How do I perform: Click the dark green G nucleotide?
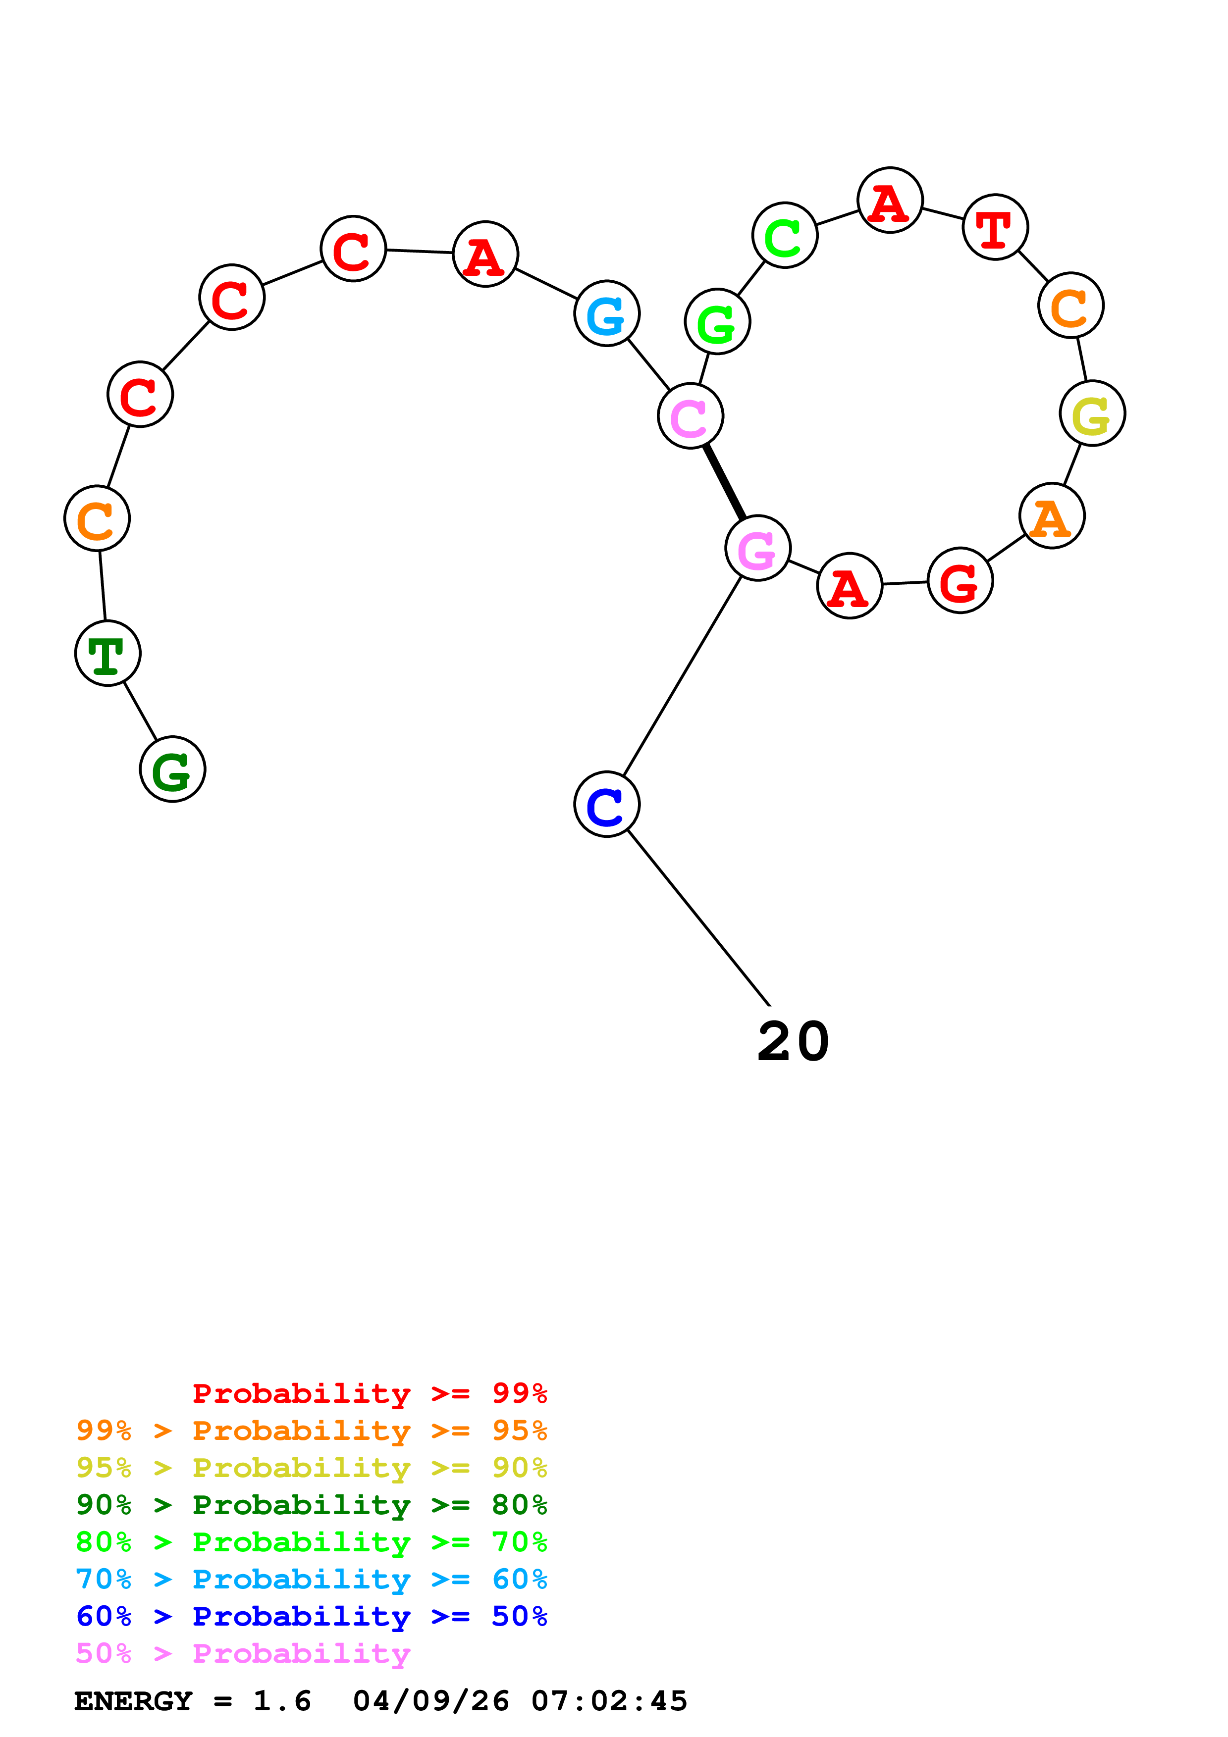172,769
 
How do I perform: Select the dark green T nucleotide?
107,653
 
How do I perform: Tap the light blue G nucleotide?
607,313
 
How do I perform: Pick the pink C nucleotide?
690,415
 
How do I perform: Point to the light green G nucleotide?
716,321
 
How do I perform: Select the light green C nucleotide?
785,235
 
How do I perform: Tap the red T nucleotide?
995,227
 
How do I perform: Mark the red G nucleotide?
960,581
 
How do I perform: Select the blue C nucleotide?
607,804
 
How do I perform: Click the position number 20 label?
793,1042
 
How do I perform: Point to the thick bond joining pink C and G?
724,482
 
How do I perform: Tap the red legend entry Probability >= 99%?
369,1393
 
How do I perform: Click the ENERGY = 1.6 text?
193,1701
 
